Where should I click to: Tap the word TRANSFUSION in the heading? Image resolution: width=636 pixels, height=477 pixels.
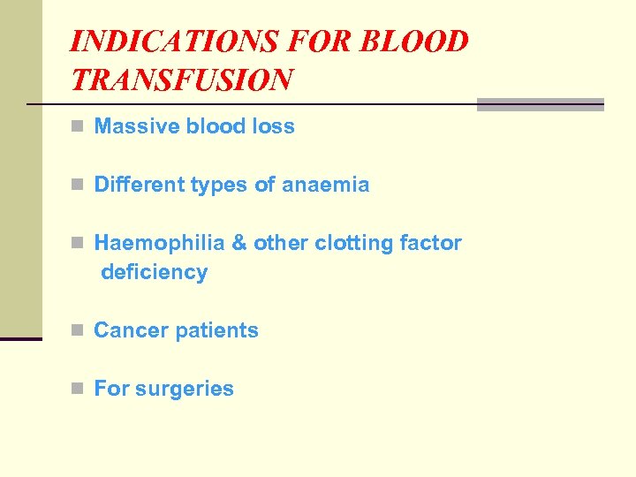pyautogui.click(x=180, y=80)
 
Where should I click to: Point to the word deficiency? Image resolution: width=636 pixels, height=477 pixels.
pyautogui.click(x=155, y=272)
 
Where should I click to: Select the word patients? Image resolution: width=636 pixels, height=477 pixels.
pyautogui.click(x=217, y=330)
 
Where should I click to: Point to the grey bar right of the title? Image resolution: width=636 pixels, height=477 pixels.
pyautogui.click(x=540, y=104)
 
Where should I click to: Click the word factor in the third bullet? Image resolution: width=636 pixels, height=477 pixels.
pyautogui.click(x=431, y=243)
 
